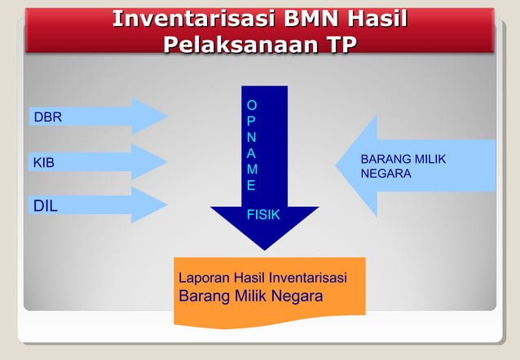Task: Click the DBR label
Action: point(47,117)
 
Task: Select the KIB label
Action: point(44,163)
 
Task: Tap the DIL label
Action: point(46,206)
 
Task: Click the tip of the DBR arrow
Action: point(166,116)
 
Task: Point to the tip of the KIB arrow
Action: point(166,161)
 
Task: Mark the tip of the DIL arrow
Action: point(166,205)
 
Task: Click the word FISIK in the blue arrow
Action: point(263,215)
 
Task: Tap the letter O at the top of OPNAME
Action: point(252,105)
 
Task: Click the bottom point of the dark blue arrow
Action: point(264,249)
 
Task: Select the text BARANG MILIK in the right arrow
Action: point(403,159)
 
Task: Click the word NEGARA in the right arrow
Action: point(386,174)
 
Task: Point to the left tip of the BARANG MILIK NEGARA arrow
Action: point(336,166)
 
